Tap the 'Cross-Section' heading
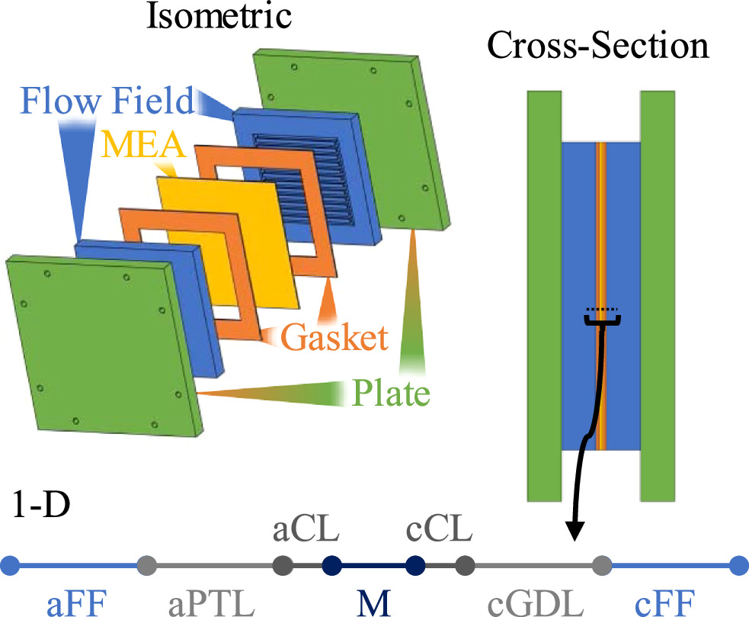point(598,47)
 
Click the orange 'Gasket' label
point(333,336)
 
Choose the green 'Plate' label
point(391,394)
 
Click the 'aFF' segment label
point(74,603)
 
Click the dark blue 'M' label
point(374,603)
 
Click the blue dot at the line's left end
point(10,566)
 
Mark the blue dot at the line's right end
point(737,566)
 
